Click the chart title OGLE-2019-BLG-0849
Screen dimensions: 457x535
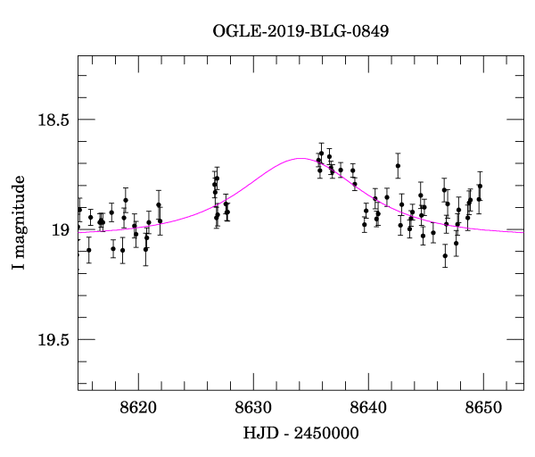300,29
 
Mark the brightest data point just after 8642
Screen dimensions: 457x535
398,165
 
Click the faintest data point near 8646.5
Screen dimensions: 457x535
445,256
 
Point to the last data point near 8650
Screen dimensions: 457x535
480,186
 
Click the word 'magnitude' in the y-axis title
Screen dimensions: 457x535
19,215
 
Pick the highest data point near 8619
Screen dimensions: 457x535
126,200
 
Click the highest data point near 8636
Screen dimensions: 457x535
322,154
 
